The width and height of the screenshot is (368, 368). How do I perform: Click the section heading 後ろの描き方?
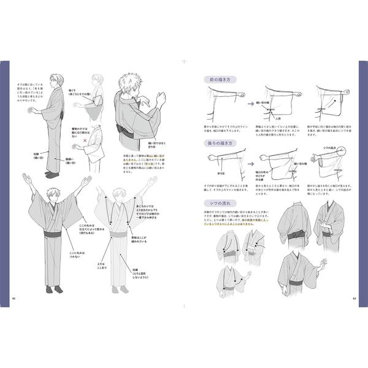[219, 142]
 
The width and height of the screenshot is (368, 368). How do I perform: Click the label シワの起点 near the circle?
[335, 147]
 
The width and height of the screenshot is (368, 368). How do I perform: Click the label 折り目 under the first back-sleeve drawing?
[218, 177]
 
